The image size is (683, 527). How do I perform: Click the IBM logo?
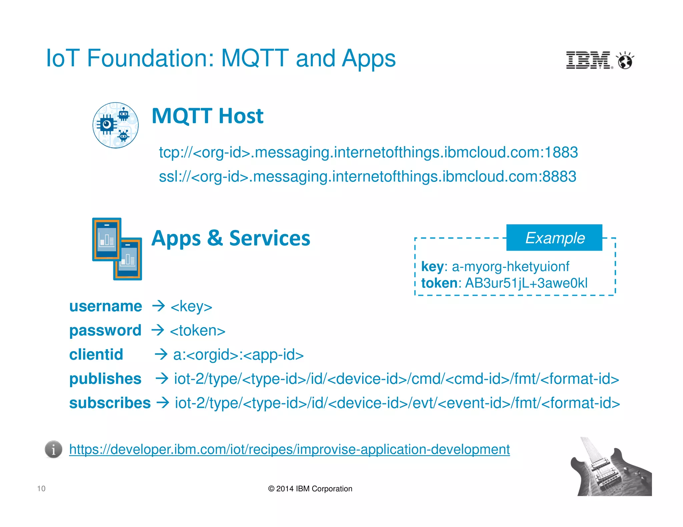pos(589,60)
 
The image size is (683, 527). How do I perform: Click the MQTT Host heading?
pos(207,116)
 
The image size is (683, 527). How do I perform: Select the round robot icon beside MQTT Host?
pos(115,125)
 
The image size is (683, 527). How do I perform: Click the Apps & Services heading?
pos(231,239)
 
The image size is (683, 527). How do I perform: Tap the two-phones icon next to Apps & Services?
pos(117,249)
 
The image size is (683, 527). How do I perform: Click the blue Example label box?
pos(554,238)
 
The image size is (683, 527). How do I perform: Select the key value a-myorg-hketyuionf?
pos(510,266)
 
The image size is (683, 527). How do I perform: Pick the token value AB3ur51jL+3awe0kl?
pos(526,283)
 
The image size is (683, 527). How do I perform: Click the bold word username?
pos(105,306)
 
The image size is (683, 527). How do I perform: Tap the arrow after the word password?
pos(158,330)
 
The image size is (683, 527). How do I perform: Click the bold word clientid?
pos(96,354)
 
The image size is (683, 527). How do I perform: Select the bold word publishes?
pos(105,379)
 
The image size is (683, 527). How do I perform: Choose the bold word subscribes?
pos(110,403)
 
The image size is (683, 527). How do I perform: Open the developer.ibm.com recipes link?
pos(289,449)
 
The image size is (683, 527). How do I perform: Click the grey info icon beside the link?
pos(53,449)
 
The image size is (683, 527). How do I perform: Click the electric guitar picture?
pos(610,468)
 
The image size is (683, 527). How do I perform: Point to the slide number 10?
pos(41,489)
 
